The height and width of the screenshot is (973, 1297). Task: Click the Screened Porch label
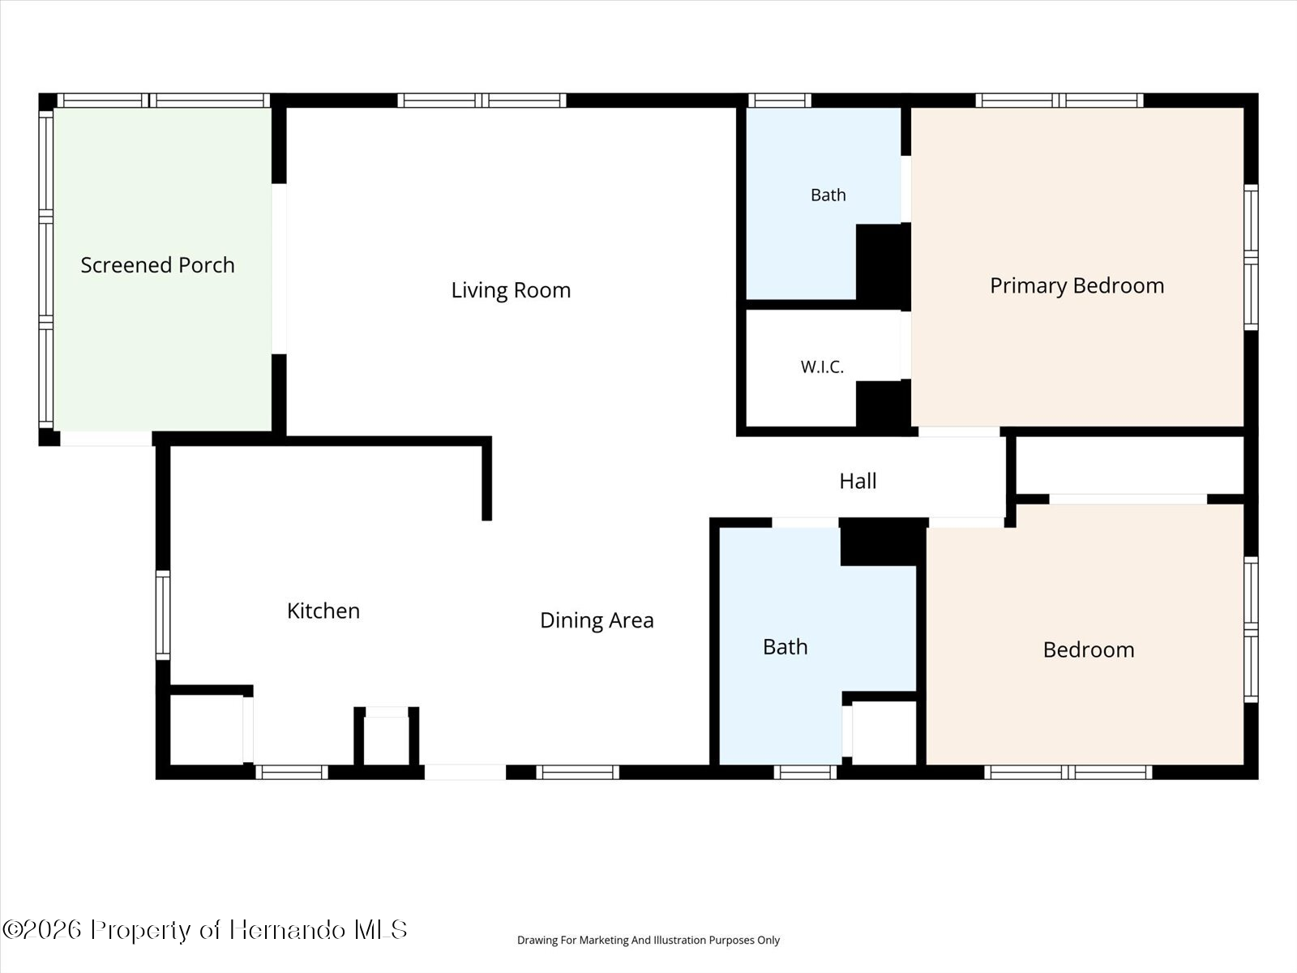coord(158,265)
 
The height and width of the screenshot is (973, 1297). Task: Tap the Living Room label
coord(512,290)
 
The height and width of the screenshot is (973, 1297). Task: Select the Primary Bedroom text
coord(1077,286)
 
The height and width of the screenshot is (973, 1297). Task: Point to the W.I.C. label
coord(822,366)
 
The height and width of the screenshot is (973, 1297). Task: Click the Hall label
coord(858,481)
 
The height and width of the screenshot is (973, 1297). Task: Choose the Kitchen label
coord(323,611)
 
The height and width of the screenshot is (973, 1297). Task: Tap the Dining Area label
coord(597,620)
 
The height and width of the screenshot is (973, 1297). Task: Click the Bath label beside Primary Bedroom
coord(828,195)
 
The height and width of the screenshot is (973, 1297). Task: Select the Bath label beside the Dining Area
coord(785,647)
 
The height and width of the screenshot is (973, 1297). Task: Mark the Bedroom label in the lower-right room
coord(1089,649)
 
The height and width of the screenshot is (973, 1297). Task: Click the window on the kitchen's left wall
coord(163,615)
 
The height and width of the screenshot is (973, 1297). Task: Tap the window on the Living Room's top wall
coord(482,101)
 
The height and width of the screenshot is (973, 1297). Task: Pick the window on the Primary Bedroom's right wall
coord(1251,258)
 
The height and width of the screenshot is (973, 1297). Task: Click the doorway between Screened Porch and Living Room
coord(279,269)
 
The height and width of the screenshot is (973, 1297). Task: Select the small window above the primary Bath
coord(779,101)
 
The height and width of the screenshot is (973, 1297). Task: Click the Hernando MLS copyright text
coord(204,929)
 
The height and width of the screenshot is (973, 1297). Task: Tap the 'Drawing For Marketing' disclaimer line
coord(648,940)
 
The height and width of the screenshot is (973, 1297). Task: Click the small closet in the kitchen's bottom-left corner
coord(206,730)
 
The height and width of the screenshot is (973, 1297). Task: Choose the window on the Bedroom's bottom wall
coord(1068,772)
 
